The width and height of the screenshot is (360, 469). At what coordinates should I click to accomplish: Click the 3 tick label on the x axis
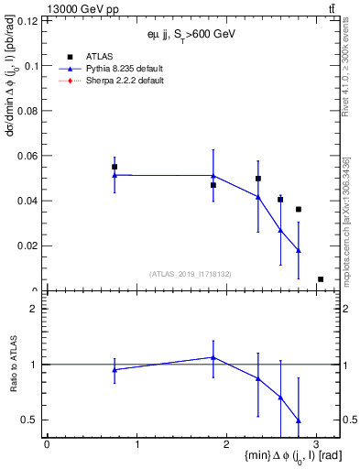click(x=316, y=443)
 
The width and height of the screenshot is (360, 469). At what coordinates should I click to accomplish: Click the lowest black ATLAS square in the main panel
click(x=321, y=278)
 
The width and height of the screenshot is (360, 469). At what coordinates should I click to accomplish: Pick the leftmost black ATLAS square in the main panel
click(x=115, y=167)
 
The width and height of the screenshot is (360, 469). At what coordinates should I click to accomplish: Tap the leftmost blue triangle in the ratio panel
click(x=115, y=370)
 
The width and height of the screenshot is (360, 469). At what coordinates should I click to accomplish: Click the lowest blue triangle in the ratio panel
click(x=299, y=420)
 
